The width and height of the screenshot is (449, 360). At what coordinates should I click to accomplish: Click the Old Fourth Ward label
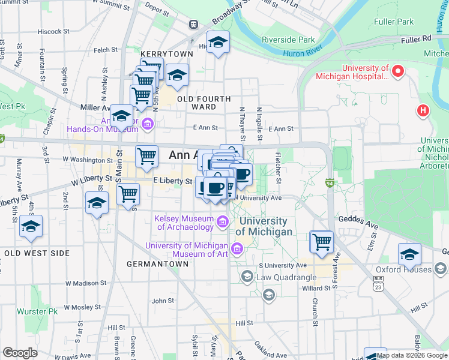click(203, 103)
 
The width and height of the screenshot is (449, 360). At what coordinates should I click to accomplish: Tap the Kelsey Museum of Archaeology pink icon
click(223, 223)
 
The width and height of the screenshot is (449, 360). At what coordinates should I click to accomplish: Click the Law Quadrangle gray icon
click(246, 277)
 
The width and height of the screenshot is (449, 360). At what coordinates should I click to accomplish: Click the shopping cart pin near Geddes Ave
click(322, 241)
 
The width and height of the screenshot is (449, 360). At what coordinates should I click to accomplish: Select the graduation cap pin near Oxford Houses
click(410, 254)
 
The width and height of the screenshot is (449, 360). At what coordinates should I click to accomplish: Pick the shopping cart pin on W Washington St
click(146, 157)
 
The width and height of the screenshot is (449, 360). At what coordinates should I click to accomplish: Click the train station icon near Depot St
click(193, 24)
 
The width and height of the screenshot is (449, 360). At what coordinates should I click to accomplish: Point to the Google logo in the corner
click(20, 353)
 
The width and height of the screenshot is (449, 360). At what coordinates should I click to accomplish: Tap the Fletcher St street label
click(278, 167)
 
